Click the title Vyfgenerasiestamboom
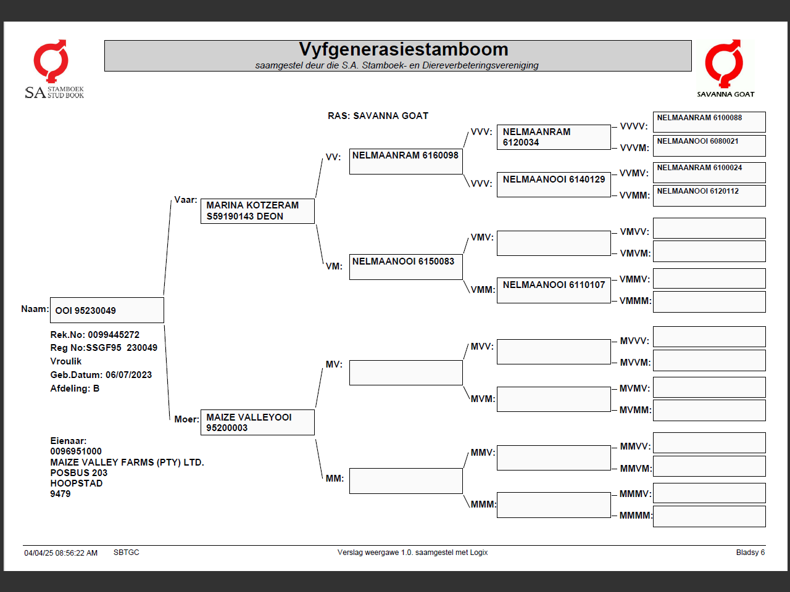(403, 49)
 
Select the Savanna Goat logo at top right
(725, 68)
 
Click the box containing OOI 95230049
(107, 310)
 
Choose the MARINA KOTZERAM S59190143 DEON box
(257, 211)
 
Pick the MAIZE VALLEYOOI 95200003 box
(257, 422)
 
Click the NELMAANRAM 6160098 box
(405, 161)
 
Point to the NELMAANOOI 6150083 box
(405, 267)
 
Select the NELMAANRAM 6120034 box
(554, 137)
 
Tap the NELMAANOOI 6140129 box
(554, 184)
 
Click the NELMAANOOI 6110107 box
(554, 290)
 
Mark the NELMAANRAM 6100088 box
(709, 121)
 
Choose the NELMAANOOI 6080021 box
(709, 145)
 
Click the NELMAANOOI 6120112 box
(709, 195)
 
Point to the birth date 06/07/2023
(128, 375)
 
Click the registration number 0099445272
(114, 335)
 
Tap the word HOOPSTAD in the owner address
(77, 483)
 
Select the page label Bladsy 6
(750, 553)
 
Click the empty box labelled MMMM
(709, 516)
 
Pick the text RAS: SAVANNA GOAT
(378, 116)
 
